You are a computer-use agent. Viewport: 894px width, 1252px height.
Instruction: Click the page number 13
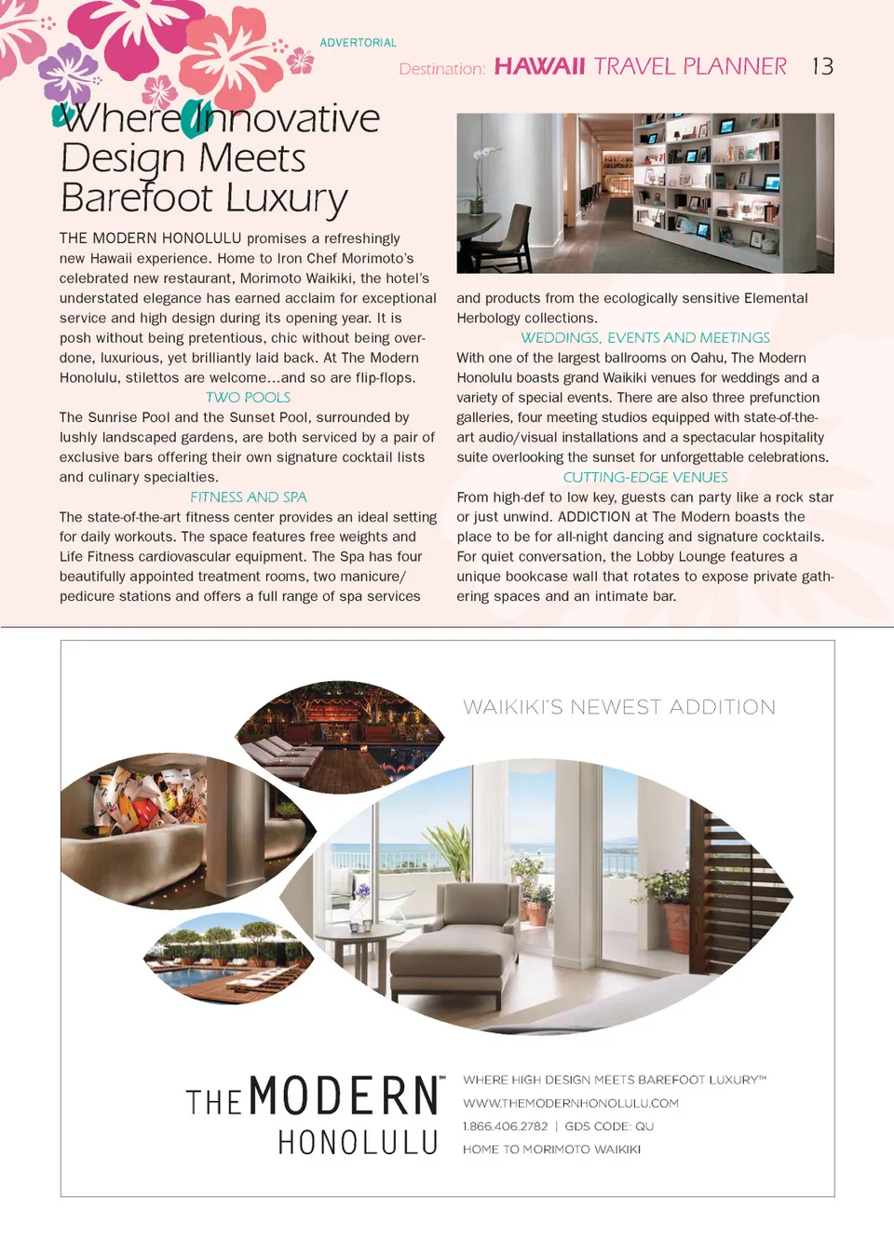(822, 66)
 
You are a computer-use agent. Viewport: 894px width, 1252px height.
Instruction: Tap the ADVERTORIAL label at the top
(358, 43)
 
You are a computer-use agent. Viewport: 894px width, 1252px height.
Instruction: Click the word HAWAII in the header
(539, 66)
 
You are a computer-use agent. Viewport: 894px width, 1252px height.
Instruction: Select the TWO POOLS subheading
(248, 398)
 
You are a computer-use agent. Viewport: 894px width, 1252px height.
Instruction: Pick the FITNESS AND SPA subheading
(248, 497)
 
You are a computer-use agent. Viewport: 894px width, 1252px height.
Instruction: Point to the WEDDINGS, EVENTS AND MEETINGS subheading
(645, 338)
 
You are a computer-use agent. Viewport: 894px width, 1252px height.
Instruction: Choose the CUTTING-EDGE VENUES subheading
(645, 477)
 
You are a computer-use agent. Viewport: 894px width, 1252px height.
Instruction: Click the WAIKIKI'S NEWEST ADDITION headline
(619, 707)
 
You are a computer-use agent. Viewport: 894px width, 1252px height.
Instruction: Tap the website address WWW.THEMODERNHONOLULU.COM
(570, 1103)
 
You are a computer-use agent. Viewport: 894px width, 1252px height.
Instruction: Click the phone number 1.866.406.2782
(505, 1126)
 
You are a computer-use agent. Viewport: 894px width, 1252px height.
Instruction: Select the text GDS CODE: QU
(609, 1126)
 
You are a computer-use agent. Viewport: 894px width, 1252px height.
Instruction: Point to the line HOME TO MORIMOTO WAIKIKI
(551, 1150)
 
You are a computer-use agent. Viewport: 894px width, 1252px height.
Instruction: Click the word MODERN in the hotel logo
(344, 1096)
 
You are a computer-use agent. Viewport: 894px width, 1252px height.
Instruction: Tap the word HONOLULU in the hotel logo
(358, 1143)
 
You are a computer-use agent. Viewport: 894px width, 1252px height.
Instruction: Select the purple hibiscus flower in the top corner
(67, 72)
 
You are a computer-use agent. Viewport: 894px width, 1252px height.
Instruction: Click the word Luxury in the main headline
(286, 198)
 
